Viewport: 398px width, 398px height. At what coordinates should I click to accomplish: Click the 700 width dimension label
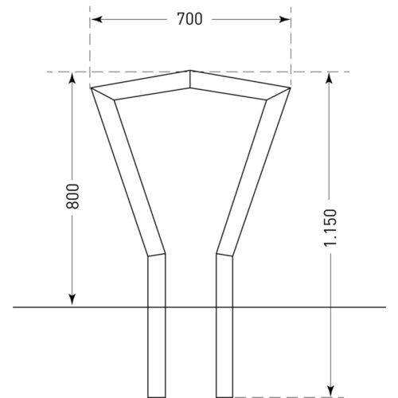click(x=189, y=19)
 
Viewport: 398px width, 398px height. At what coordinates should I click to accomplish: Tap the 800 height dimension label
click(x=72, y=196)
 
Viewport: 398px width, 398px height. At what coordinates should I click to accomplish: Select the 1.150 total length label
click(x=330, y=228)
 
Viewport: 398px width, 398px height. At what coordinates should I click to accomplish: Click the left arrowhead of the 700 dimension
click(x=97, y=19)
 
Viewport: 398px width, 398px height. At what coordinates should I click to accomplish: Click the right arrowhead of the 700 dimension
click(x=285, y=19)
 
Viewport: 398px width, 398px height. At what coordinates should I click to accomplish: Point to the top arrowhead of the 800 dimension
click(x=72, y=78)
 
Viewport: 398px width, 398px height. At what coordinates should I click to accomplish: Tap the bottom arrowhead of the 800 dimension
click(x=72, y=299)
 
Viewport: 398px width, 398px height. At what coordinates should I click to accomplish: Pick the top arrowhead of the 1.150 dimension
click(x=330, y=78)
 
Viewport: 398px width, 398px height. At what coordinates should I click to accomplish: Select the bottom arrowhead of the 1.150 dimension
click(x=330, y=391)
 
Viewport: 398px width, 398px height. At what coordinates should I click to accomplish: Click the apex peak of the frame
click(x=190, y=70)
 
